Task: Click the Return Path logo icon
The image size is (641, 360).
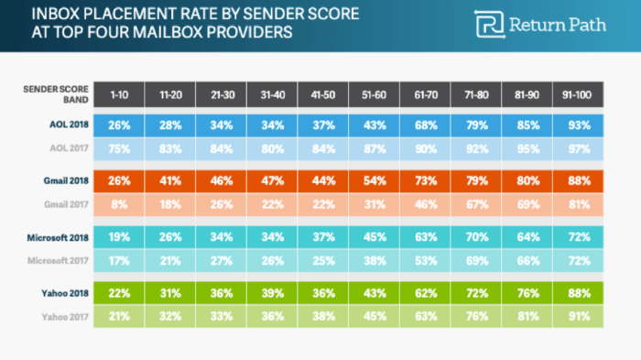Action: click(489, 25)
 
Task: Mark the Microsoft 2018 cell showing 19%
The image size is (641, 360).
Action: click(118, 237)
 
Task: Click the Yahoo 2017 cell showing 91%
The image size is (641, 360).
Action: click(579, 317)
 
